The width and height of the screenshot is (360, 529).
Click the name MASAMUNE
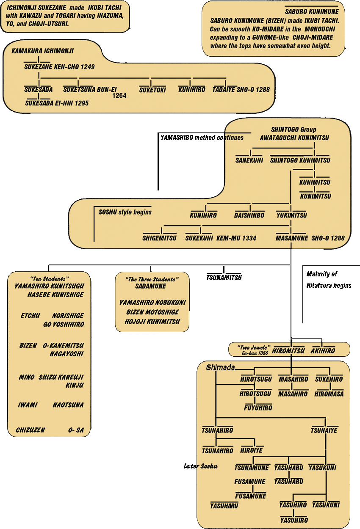click(292, 238)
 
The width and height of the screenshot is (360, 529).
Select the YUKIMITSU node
click(292, 215)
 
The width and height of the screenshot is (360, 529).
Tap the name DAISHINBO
click(249, 215)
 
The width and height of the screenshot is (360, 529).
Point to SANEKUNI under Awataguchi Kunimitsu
click(249, 160)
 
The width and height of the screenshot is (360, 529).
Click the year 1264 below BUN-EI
click(119, 96)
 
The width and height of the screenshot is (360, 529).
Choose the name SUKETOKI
click(152, 90)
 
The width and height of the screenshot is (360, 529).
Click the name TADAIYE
click(224, 90)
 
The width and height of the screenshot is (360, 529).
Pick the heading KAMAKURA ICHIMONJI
click(42, 51)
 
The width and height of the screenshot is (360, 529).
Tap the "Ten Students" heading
click(48, 278)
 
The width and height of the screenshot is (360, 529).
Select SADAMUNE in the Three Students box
click(151, 286)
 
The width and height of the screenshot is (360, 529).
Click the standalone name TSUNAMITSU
click(224, 278)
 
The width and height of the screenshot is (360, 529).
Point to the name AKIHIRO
click(323, 351)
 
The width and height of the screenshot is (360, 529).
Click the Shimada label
click(220, 367)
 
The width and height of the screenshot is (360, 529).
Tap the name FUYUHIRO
click(258, 408)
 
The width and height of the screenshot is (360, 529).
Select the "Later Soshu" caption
click(200, 466)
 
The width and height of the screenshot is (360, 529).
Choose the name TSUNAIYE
click(324, 430)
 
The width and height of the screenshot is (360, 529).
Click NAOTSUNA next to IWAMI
click(68, 405)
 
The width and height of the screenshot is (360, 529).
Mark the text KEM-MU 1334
click(236, 238)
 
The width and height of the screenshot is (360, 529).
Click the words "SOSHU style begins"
click(125, 212)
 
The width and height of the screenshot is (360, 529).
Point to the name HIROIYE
click(251, 450)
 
